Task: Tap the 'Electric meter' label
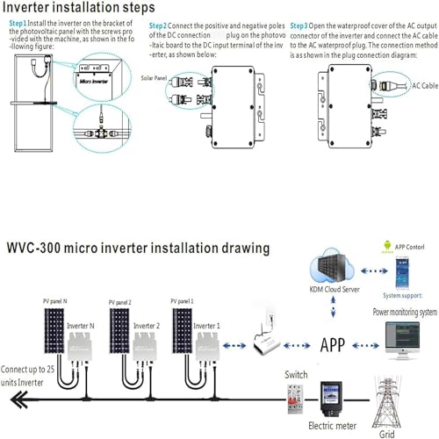pyautogui.click(x=332, y=428)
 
